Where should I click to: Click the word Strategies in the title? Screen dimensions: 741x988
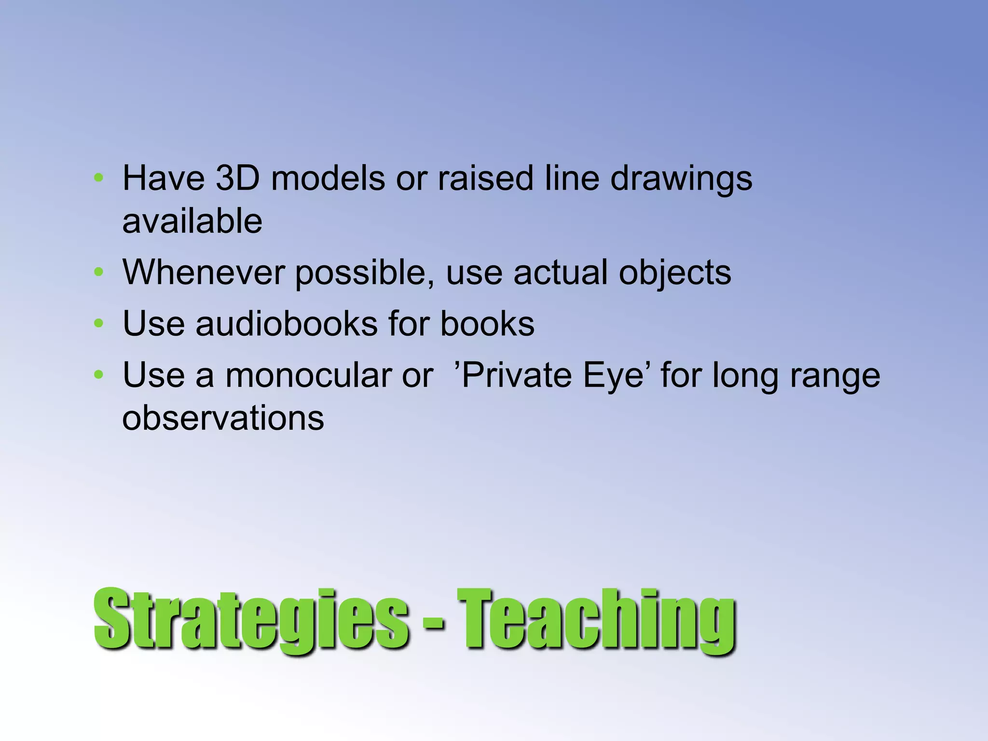click(x=251, y=620)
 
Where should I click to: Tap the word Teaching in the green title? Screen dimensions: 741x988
click(x=596, y=620)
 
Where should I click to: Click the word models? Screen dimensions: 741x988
click(x=328, y=178)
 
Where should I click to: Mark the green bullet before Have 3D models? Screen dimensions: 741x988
click(x=99, y=178)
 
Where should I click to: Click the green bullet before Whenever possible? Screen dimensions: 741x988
click(x=99, y=273)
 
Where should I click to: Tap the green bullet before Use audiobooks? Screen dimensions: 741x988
click(x=99, y=323)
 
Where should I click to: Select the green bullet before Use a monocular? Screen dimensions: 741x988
click(x=99, y=375)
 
